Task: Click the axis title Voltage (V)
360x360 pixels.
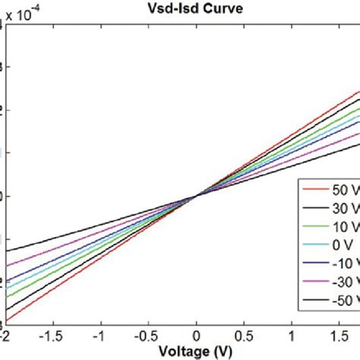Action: pyautogui.click(x=197, y=351)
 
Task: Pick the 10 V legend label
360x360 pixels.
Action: pyautogui.click(x=341, y=226)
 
